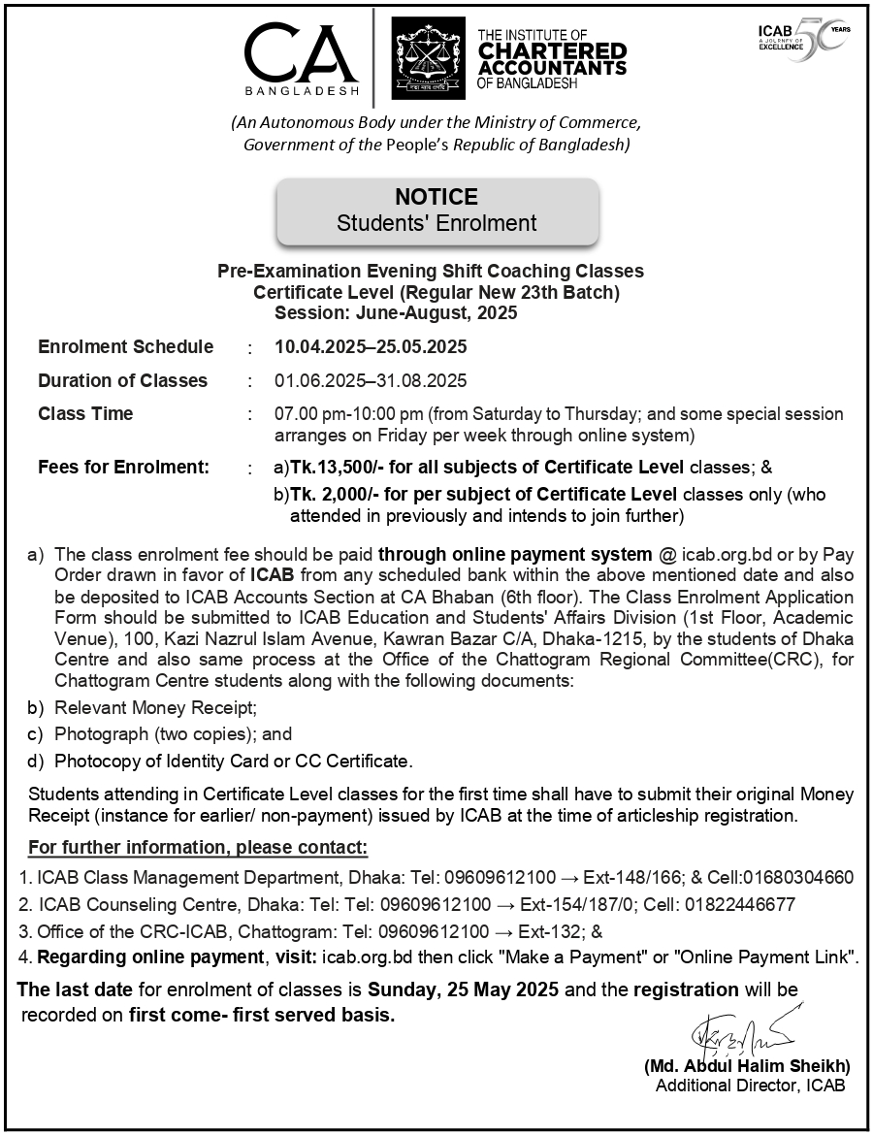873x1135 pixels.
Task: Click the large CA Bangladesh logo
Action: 302,56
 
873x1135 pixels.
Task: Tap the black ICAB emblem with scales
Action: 428,59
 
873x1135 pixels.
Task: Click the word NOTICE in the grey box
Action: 436,197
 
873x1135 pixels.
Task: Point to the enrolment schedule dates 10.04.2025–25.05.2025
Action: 371,347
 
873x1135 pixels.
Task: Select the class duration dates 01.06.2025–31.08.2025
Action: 371,380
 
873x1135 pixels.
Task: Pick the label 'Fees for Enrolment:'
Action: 123,468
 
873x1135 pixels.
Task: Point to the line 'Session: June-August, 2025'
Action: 396,313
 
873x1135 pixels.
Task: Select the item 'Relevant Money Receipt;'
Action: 155,708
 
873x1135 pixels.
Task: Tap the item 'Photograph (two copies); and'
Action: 173,734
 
